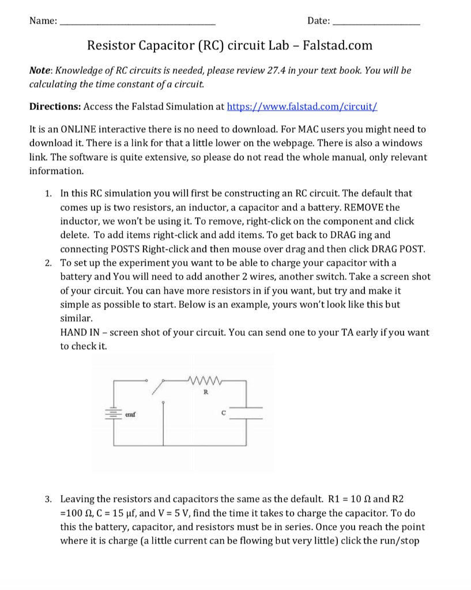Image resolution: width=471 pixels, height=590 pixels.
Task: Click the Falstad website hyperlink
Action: (x=303, y=107)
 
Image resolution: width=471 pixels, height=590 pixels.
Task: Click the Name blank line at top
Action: (x=138, y=22)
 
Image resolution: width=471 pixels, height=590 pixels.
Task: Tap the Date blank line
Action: (x=376, y=22)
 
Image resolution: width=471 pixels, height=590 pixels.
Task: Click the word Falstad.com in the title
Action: (x=337, y=46)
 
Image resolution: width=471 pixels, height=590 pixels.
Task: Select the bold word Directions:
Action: (x=55, y=107)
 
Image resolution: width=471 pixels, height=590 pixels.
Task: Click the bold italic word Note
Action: (x=40, y=71)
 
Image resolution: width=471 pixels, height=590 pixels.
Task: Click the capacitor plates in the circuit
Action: (x=248, y=413)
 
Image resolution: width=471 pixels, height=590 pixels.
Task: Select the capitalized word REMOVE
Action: (x=365, y=207)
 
